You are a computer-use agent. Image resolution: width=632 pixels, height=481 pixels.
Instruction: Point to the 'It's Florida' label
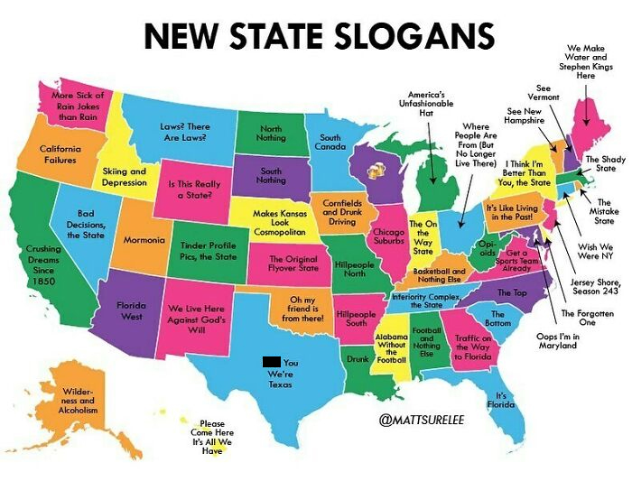coord(501,400)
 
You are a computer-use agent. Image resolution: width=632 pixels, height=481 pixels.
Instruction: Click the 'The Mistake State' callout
coord(604,211)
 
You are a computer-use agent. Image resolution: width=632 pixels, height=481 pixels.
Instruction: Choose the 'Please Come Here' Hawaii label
coord(211,437)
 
